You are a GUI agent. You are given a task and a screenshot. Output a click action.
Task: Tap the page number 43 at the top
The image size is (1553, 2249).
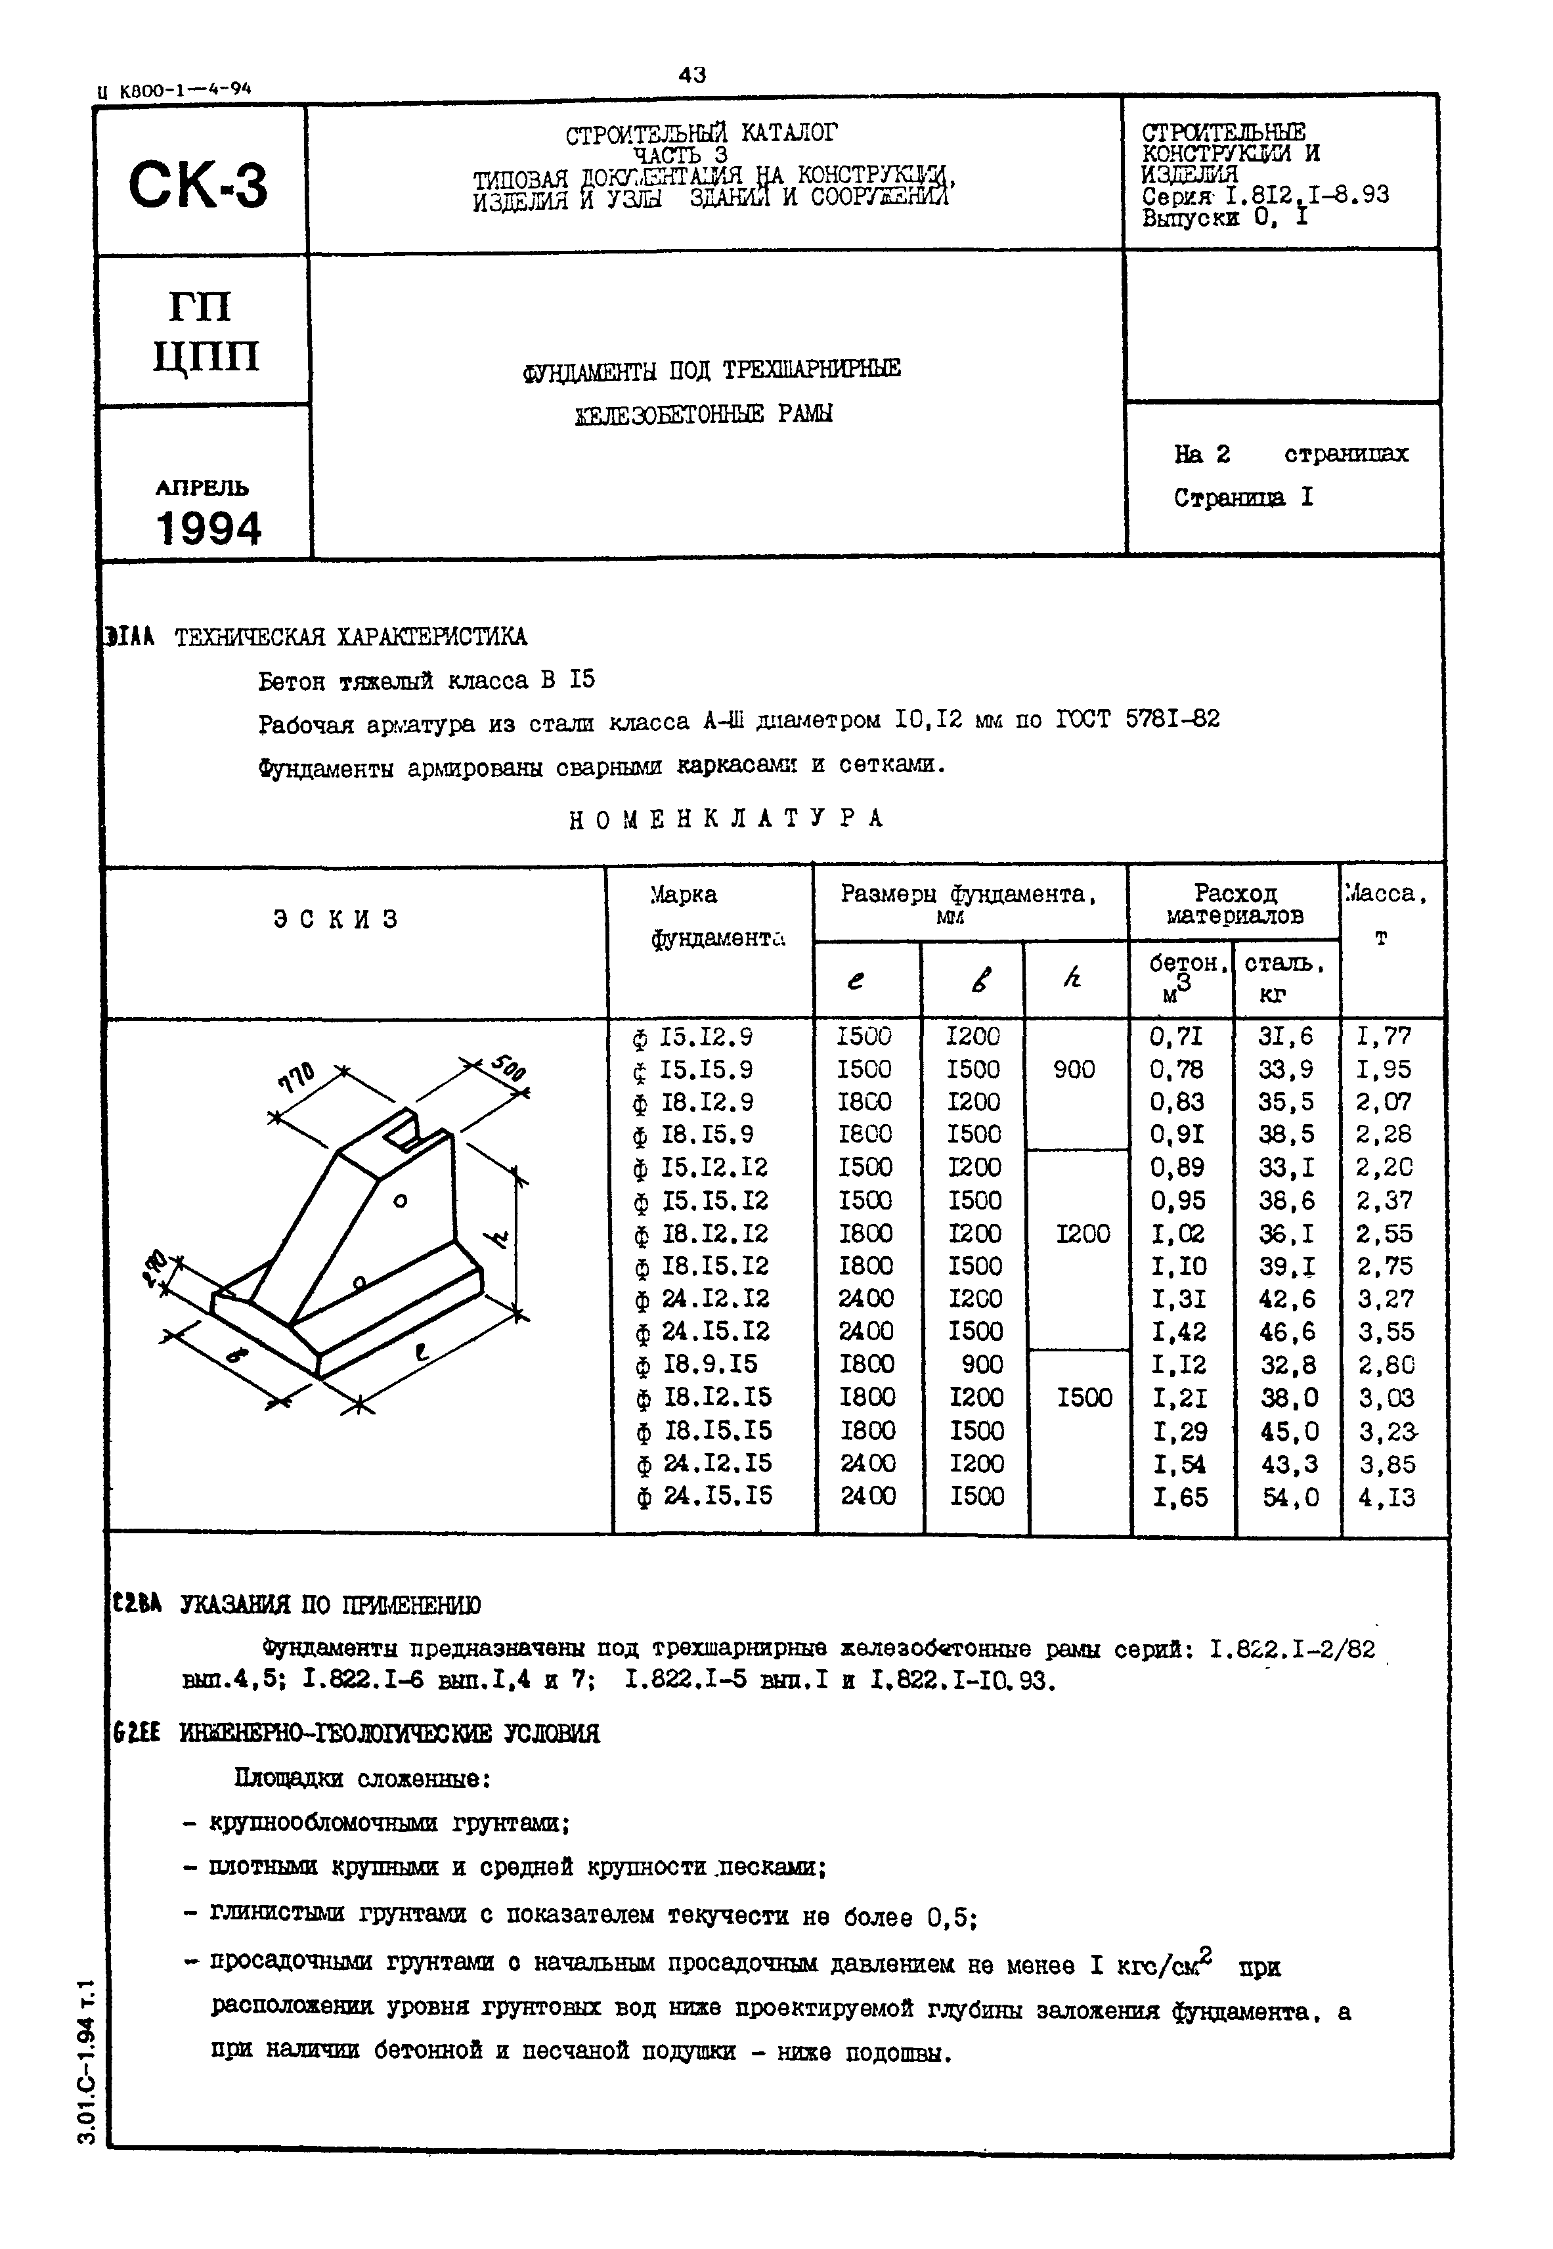(x=692, y=75)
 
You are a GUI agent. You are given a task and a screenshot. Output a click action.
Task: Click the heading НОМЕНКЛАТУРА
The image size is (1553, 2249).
(x=726, y=819)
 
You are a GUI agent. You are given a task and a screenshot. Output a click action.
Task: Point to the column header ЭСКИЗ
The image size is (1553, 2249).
(x=336, y=919)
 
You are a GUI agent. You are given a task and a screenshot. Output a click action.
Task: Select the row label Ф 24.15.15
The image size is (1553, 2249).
(x=705, y=1495)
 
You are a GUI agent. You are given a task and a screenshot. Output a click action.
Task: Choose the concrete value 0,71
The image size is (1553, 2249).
(x=1177, y=1036)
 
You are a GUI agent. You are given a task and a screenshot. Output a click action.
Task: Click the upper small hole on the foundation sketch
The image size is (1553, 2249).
(x=399, y=1202)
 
